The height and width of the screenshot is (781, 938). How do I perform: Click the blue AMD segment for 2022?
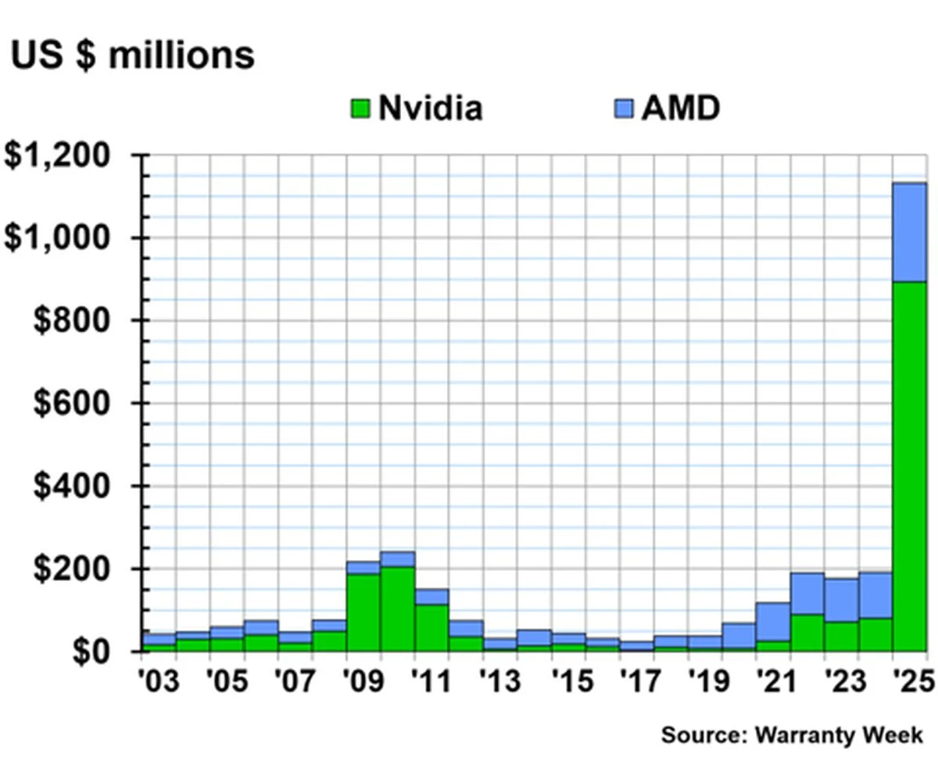click(807, 594)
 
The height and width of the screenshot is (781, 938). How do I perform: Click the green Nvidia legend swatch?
click(360, 109)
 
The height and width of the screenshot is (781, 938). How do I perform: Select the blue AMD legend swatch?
click(624, 109)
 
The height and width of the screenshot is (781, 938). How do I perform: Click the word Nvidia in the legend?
click(430, 108)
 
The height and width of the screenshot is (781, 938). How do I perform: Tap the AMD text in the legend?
click(679, 108)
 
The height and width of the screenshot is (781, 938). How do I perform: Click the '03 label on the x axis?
click(159, 682)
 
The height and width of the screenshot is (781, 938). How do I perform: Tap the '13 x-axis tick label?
click(500, 682)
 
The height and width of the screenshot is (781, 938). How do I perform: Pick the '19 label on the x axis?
click(705, 682)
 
